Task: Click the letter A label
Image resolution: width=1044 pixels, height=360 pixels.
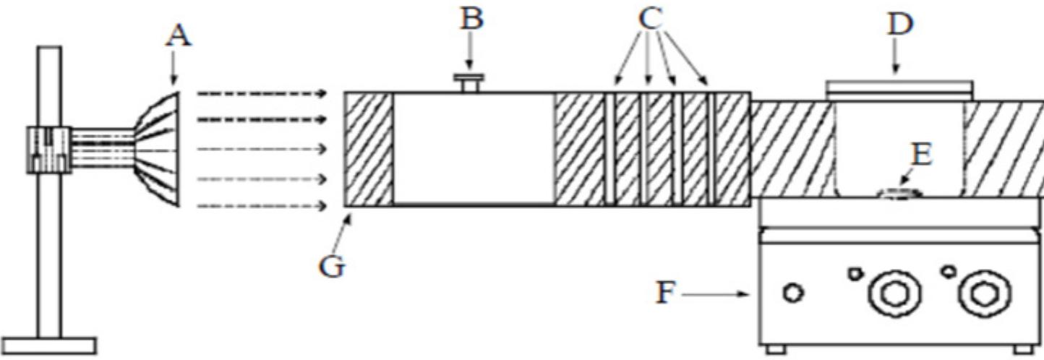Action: [178, 36]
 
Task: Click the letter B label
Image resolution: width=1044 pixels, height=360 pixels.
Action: [471, 20]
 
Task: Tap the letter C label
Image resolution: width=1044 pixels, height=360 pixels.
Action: [651, 19]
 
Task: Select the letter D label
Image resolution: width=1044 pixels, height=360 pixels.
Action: [899, 25]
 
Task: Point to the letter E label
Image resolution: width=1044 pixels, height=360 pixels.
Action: [921, 155]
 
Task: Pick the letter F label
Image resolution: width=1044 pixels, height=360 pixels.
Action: [666, 293]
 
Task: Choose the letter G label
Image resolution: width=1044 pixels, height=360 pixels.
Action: [332, 267]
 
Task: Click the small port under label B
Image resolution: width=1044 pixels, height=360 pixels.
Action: [470, 84]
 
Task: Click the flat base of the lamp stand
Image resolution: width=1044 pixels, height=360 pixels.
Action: [48, 346]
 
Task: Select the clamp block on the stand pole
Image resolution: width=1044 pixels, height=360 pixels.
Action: [48, 150]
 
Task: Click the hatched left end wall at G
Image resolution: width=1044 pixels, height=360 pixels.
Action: [369, 149]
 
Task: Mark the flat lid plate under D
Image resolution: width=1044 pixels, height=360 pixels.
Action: [899, 91]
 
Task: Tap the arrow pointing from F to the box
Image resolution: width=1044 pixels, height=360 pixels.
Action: [716, 294]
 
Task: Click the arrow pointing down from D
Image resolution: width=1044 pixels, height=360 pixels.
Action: [895, 59]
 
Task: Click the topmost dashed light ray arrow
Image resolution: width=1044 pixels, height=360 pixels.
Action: [262, 93]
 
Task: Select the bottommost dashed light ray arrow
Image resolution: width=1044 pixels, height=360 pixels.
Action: [262, 205]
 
